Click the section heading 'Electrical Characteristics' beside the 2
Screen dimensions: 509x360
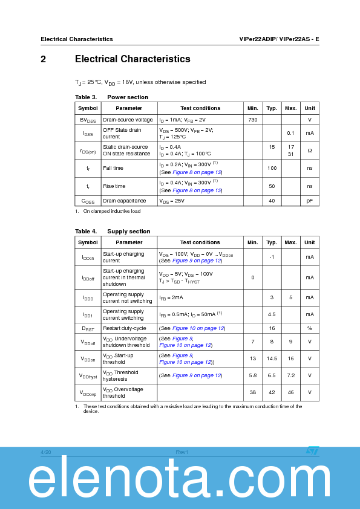(x=133, y=59)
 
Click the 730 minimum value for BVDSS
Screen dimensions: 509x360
(x=252, y=120)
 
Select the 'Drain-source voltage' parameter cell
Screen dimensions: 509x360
(x=128, y=120)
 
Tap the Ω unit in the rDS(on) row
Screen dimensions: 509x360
(x=309, y=150)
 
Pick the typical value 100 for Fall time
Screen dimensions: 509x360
(x=272, y=168)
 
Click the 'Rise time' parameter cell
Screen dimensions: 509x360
(x=114, y=186)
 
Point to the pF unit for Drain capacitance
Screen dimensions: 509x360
(x=309, y=201)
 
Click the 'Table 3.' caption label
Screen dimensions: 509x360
(x=86, y=97)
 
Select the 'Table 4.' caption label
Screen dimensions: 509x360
(x=86, y=232)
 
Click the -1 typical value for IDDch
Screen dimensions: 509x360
(x=272, y=258)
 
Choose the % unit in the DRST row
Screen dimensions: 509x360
(x=309, y=328)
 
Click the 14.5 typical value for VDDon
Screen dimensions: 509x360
(x=272, y=358)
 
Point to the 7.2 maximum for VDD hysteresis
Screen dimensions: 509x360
(x=290, y=375)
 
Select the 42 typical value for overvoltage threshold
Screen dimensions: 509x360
(x=272, y=392)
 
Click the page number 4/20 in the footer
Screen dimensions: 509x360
(x=46, y=452)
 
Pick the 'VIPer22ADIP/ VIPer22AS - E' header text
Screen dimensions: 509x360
(x=279, y=39)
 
